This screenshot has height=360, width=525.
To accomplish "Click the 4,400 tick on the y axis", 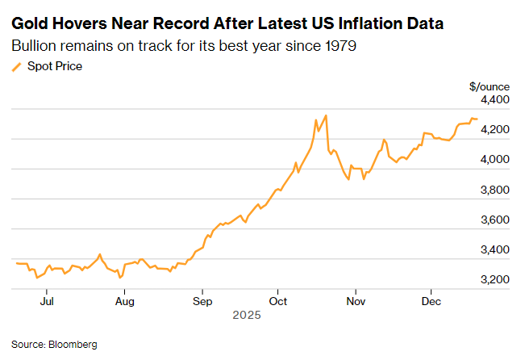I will [496, 99].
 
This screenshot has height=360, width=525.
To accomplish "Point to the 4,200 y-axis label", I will [496, 129].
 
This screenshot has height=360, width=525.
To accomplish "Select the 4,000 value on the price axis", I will [496, 159].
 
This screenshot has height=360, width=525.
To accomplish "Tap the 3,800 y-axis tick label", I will [496, 190].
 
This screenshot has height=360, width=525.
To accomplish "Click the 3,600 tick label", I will [496, 220].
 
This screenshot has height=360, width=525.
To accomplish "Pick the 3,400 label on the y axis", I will [496, 249].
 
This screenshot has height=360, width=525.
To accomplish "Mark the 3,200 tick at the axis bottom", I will [496, 279].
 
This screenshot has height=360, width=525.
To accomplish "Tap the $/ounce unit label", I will [486, 85].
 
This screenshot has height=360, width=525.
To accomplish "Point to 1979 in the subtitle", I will [336, 45].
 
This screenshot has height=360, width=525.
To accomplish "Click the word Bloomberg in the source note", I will [73, 345].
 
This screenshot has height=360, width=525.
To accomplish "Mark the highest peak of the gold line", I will [325, 115].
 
